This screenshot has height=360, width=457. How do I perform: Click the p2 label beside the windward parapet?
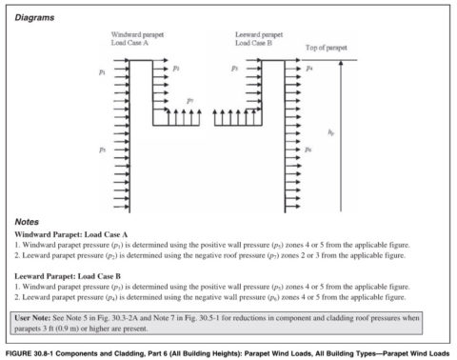point(177,69)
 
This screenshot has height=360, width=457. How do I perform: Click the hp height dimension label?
point(357,134)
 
